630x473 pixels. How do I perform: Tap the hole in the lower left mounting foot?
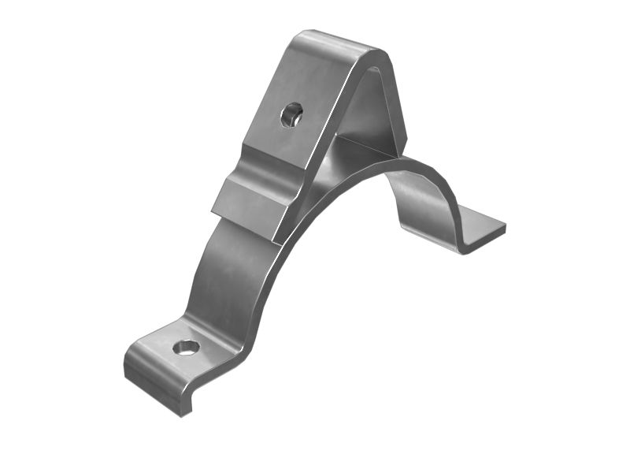pos(186,347)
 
